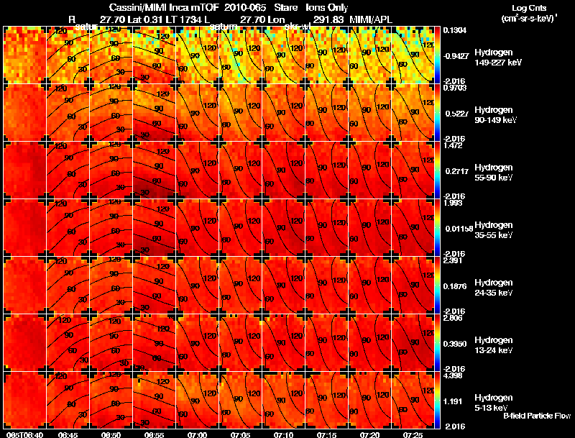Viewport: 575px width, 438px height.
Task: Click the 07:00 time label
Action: (197, 434)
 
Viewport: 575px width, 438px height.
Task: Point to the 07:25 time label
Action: (413, 434)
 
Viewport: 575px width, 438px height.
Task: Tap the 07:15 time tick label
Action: (327, 434)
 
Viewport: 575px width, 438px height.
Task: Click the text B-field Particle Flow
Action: (536, 416)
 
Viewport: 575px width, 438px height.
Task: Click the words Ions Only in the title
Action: (326, 6)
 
